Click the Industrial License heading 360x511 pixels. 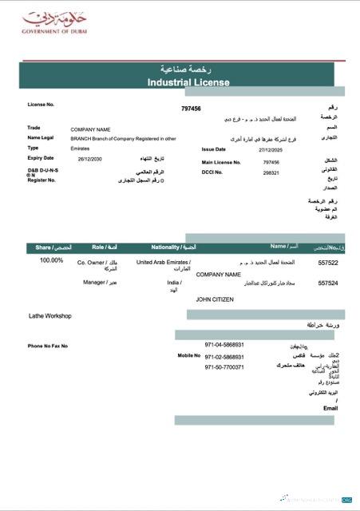[x=188, y=82]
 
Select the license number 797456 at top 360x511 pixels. [x=191, y=109]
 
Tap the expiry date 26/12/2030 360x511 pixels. [x=90, y=159]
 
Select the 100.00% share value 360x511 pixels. [x=51, y=260]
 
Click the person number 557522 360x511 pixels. [x=328, y=262]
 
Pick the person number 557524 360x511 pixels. [x=328, y=283]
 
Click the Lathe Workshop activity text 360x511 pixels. [x=50, y=316]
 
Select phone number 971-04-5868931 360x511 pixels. [x=224, y=345]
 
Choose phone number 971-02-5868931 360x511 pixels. [x=224, y=357]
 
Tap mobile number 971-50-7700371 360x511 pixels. [x=224, y=367]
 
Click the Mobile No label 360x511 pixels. [x=188, y=355]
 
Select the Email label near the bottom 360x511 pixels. [x=330, y=408]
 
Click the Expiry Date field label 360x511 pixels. [x=41, y=158]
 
